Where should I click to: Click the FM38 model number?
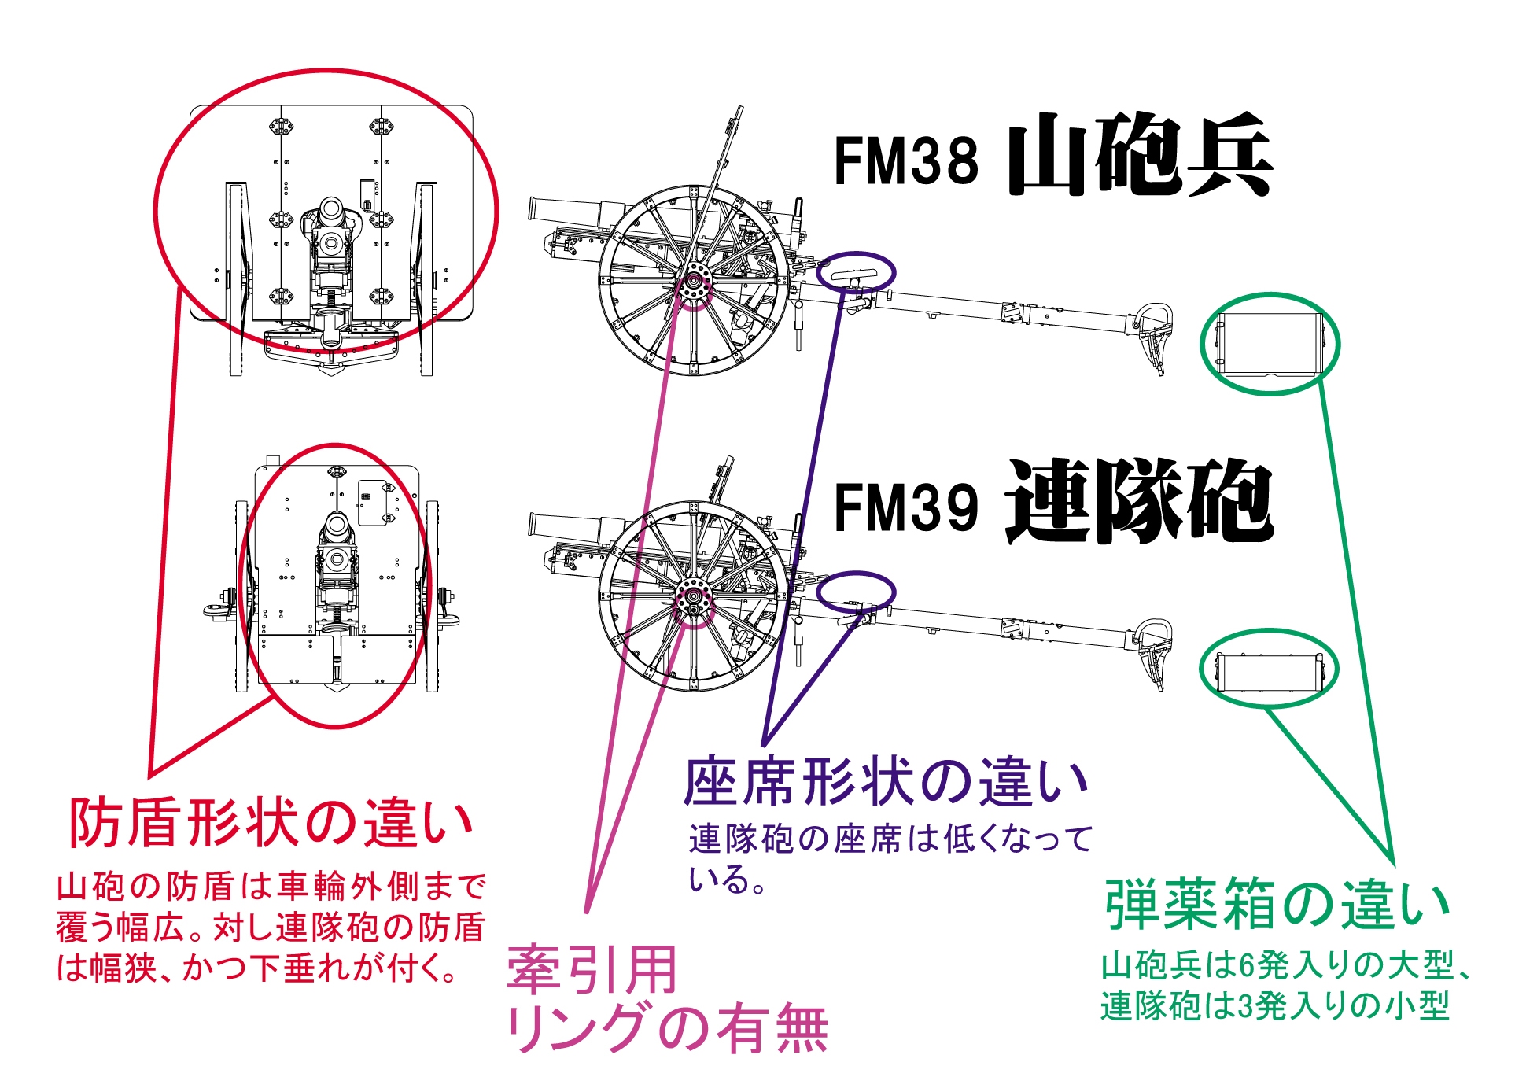pos(905,160)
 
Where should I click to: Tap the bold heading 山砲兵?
pos(1140,154)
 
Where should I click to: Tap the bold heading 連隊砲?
pos(1140,503)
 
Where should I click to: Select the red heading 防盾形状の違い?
pos(271,823)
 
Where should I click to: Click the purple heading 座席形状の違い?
pos(887,783)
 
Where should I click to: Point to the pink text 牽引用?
pos(592,970)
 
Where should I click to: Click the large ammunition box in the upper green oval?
pos(1268,345)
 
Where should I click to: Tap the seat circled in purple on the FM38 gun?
pos(854,272)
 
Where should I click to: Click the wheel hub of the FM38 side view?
pos(694,281)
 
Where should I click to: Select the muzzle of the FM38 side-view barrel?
pos(533,209)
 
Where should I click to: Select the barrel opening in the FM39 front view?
pos(336,526)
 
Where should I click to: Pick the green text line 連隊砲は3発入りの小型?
pos(1275,1006)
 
